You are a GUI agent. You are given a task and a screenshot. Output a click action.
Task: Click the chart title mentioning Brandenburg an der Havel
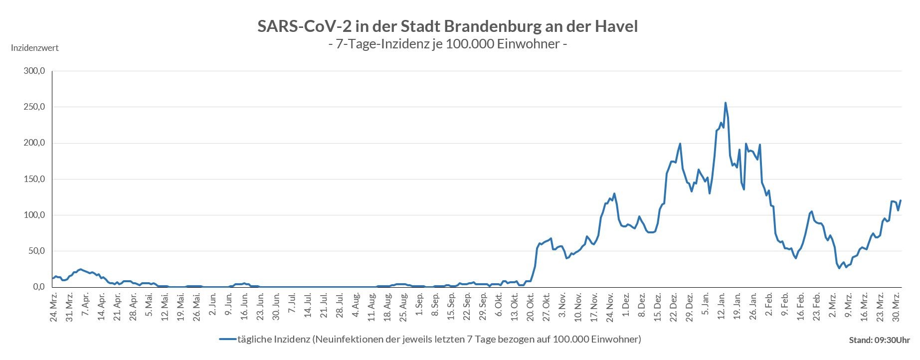(x=447, y=26)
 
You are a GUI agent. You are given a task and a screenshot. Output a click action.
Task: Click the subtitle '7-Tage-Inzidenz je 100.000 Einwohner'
(x=447, y=44)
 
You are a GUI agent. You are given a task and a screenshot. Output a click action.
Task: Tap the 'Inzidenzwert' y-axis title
(x=35, y=48)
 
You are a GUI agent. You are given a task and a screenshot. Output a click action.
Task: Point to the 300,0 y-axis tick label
(x=34, y=71)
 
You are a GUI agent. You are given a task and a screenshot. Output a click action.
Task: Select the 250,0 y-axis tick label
(x=34, y=107)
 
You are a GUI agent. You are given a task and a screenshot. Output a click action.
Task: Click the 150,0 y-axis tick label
(x=34, y=179)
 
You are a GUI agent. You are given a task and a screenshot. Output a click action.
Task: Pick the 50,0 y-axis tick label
(x=36, y=251)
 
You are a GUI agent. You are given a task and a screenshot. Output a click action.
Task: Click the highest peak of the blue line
(x=725, y=103)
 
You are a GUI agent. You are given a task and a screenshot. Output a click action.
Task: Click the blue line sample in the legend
(x=227, y=340)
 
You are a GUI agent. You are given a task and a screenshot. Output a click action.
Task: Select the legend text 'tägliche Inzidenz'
(x=273, y=340)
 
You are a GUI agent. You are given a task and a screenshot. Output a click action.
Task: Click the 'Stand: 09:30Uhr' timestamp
(x=879, y=340)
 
